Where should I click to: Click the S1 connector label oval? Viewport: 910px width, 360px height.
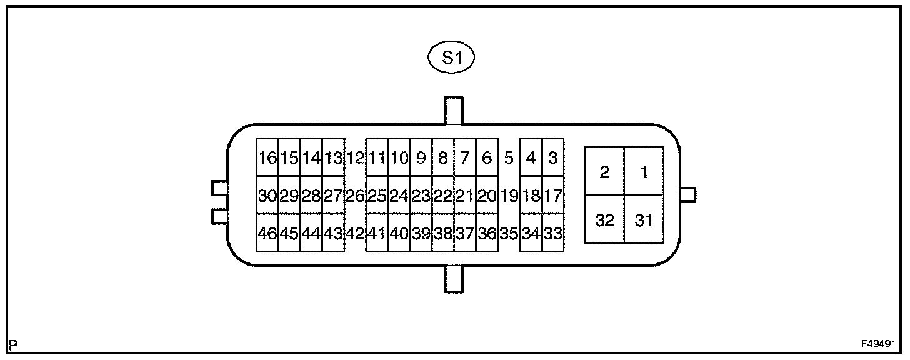tap(450, 58)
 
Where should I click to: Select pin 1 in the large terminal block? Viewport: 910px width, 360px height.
tap(643, 172)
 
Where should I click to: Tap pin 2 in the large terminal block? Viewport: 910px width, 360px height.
tap(604, 172)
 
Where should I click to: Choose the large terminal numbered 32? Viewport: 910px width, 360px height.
tap(604, 220)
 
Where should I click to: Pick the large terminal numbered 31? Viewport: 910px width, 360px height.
tap(643, 220)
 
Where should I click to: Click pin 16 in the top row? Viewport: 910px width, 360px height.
tap(267, 158)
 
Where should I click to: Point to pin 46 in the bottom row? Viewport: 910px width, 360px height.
tap(267, 234)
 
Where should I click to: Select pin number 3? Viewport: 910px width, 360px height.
tap(552, 158)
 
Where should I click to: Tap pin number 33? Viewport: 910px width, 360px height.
tap(552, 234)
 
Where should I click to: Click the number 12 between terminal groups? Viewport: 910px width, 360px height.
tap(355, 158)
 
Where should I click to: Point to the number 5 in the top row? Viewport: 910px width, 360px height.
tap(509, 158)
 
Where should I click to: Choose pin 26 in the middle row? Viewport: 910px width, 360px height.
tap(355, 196)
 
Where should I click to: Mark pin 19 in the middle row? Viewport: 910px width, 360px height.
tap(509, 196)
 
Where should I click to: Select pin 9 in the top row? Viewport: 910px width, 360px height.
tap(421, 158)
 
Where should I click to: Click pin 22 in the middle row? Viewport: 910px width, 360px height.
tap(442, 196)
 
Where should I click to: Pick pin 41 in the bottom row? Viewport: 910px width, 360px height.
tap(376, 234)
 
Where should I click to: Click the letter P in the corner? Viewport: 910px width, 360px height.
tap(14, 344)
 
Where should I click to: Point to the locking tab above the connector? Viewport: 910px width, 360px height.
tap(453, 111)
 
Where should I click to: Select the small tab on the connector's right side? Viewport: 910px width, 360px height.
tap(687, 195)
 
